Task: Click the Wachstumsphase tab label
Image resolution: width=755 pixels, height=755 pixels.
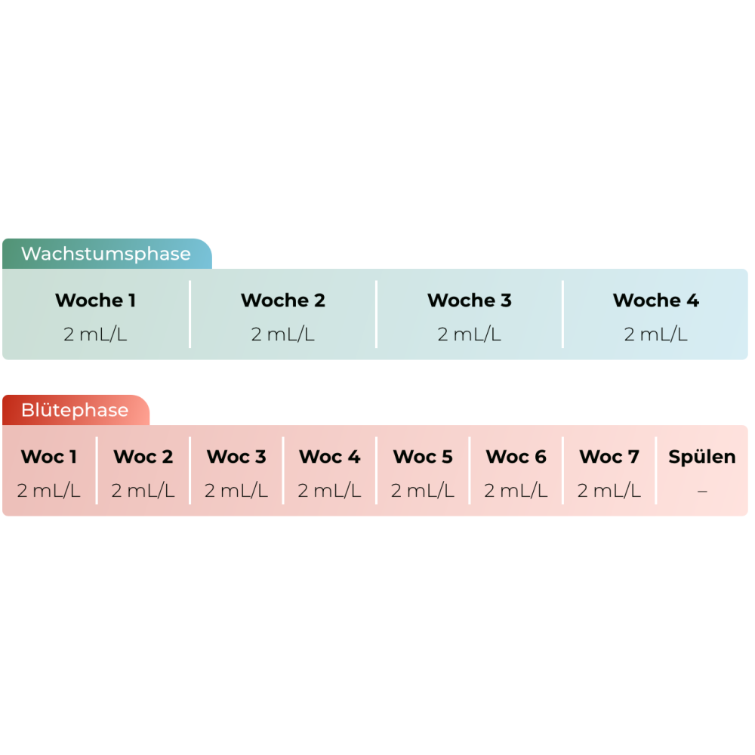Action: click(x=106, y=254)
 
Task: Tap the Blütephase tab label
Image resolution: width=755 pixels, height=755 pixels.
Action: click(x=75, y=411)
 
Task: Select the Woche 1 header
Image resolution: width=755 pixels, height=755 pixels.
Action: click(x=95, y=300)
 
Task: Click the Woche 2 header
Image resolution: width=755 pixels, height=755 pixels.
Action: click(x=282, y=300)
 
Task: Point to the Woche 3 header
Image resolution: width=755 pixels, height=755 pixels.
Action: click(x=469, y=300)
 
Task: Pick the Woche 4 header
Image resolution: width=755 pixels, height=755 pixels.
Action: click(x=655, y=300)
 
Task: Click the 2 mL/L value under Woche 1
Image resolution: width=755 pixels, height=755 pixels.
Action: click(x=95, y=334)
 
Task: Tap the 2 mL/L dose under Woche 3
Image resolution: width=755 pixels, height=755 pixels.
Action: click(x=469, y=334)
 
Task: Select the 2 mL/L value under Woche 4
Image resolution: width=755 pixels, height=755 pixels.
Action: click(x=655, y=334)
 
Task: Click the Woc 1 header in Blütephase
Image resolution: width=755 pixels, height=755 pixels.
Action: click(x=49, y=457)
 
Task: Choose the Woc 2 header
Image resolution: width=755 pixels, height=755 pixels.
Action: click(x=143, y=457)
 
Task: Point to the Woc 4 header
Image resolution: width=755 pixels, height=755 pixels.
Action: click(x=329, y=457)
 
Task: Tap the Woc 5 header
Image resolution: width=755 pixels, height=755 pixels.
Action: click(x=423, y=457)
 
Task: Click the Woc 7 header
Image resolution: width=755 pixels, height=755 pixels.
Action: click(x=609, y=457)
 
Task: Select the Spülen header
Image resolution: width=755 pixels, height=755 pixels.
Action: click(x=702, y=457)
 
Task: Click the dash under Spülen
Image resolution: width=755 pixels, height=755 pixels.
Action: click(x=702, y=492)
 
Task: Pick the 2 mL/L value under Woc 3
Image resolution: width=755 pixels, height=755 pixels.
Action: click(x=236, y=491)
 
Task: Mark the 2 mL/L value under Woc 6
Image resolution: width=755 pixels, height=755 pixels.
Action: click(x=516, y=491)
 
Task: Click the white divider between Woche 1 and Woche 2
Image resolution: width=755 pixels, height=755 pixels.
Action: click(x=190, y=314)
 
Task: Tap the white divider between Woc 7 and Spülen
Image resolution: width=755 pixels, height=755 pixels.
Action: click(x=656, y=470)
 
